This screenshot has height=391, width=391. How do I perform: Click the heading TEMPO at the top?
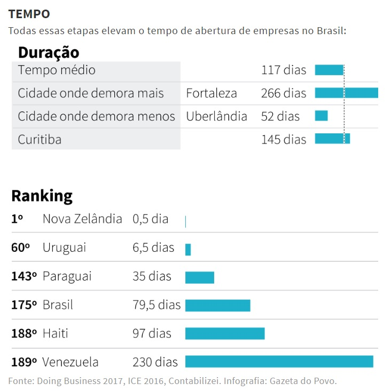point(29,13)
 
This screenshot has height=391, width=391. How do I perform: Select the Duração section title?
point(49,52)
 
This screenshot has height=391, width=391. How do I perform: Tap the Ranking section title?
point(42,196)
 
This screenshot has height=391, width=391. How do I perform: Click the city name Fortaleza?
point(212,93)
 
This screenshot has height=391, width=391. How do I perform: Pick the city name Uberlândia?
point(216,116)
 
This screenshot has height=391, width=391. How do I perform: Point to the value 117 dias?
point(284,70)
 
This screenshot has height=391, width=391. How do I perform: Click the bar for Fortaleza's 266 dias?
point(346,93)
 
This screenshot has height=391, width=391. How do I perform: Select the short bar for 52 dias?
point(321,116)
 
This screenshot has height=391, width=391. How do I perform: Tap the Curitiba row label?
point(40,140)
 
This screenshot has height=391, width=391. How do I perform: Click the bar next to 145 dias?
point(332,139)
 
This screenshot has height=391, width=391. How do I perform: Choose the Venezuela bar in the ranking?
point(279,362)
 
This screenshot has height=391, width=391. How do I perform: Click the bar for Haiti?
point(225,333)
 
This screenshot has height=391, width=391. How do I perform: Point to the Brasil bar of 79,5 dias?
point(217,305)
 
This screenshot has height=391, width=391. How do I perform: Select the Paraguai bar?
point(199,277)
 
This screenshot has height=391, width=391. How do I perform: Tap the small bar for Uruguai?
point(188,249)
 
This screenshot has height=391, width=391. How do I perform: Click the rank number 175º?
point(24,305)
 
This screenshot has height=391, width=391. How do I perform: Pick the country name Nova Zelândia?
point(82,219)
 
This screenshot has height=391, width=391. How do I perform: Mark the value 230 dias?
point(155,362)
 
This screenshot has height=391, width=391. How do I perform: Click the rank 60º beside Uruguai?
point(21,248)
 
